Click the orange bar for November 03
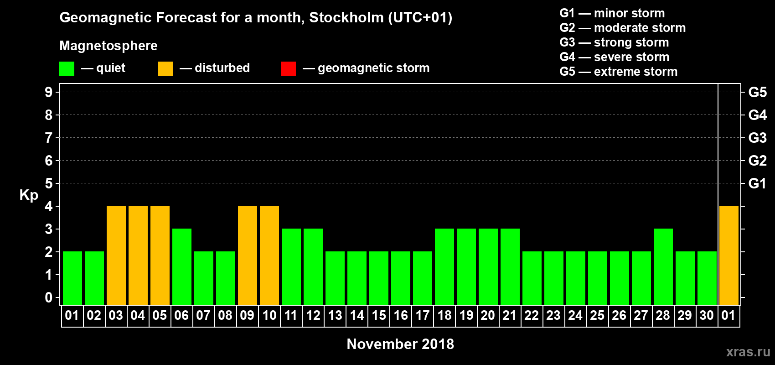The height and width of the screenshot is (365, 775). pyautogui.click(x=116, y=255)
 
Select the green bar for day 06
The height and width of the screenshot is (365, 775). pyautogui.click(x=182, y=266)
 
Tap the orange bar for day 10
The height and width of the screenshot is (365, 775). pyautogui.click(x=269, y=255)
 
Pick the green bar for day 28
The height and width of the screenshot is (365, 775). pyautogui.click(x=663, y=266)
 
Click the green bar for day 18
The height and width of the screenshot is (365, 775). pyautogui.click(x=444, y=266)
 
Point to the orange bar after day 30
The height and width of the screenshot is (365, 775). pyautogui.click(x=728, y=255)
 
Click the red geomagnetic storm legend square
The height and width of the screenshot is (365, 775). pyautogui.click(x=288, y=69)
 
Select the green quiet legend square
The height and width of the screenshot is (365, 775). pyautogui.click(x=67, y=69)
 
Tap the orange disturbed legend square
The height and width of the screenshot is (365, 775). pyautogui.click(x=165, y=69)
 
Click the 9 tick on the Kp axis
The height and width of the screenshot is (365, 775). pyautogui.click(x=49, y=92)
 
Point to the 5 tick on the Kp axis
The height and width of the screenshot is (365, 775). pyautogui.click(x=49, y=183)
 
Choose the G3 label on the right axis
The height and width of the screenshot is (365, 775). pyautogui.click(x=757, y=138)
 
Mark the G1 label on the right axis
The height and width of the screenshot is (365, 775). pyautogui.click(x=757, y=183)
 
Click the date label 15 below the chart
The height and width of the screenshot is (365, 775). pyautogui.click(x=379, y=315)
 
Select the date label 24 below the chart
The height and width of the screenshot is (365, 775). pyautogui.click(x=575, y=315)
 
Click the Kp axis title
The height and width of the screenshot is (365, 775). pyautogui.click(x=29, y=195)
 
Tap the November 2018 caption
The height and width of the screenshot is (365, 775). pyautogui.click(x=400, y=344)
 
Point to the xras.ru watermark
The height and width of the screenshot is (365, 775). pyautogui.click(x=748, y=352)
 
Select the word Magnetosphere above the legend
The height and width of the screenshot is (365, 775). pyautogui.click(x=108, y=46)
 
